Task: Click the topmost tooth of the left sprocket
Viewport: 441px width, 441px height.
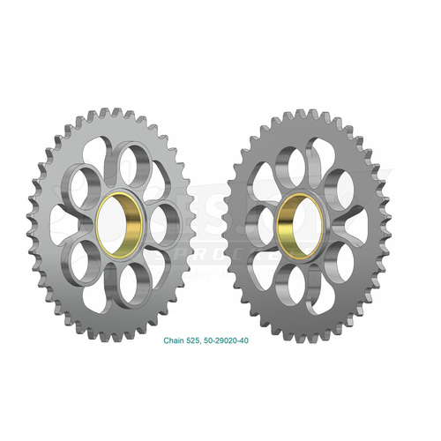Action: coord(113,114)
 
